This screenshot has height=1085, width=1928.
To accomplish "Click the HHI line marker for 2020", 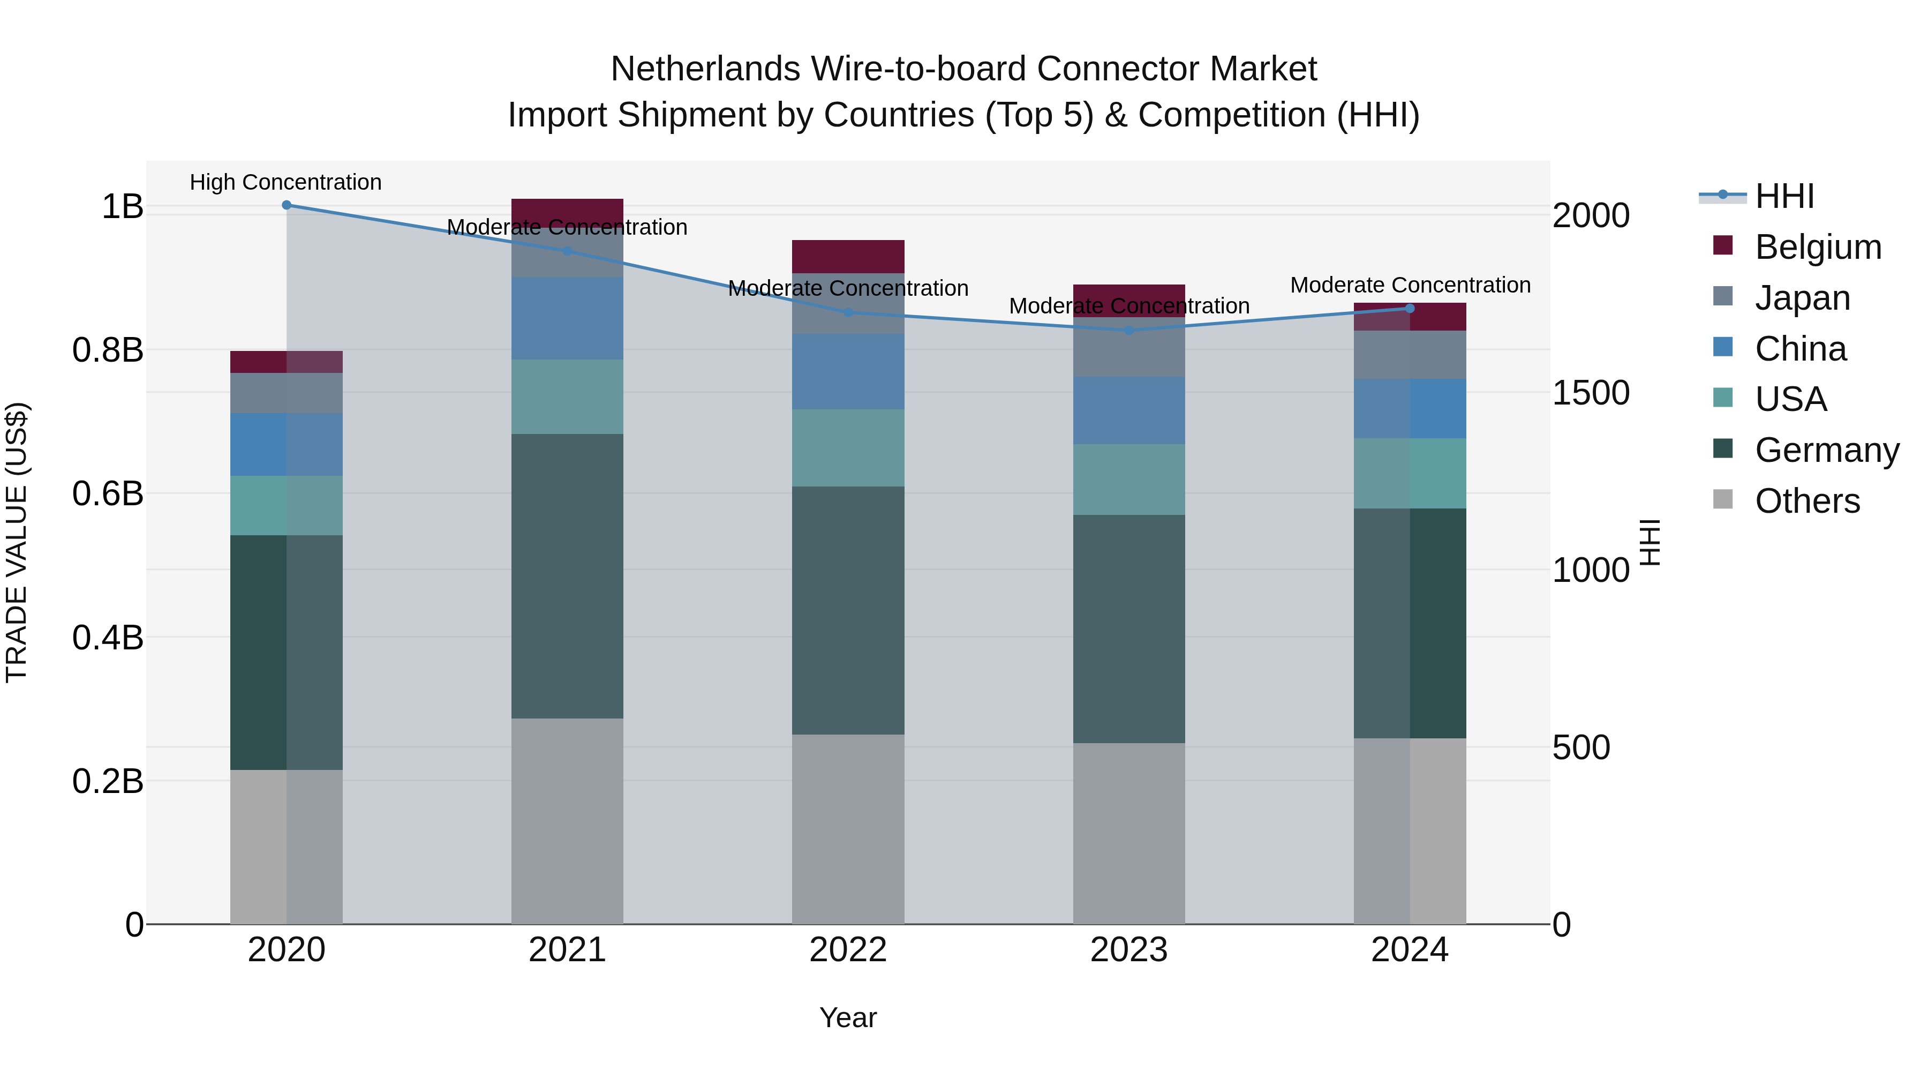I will click(x=286, y=205).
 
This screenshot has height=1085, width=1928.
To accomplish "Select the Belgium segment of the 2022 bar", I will click(x=848, y=257).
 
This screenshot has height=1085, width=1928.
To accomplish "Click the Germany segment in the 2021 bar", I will click(x=567, y=576).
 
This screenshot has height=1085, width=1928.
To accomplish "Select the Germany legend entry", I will click(x=1826, y=450).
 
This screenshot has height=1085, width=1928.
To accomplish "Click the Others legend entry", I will click(x=1807, y=501).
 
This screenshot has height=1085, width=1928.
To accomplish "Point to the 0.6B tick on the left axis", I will click(x=108, y=493).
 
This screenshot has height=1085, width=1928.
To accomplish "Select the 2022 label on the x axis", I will click(x=848, y=950).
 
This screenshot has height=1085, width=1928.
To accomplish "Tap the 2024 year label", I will click(x=1410, y=950).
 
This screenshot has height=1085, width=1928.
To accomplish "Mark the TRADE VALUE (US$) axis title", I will click(x=17, y=542).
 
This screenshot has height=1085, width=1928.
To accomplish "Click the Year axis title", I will click(x=848, y=1017).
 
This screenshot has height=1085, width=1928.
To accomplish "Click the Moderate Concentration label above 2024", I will click(x=1410, y=285).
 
